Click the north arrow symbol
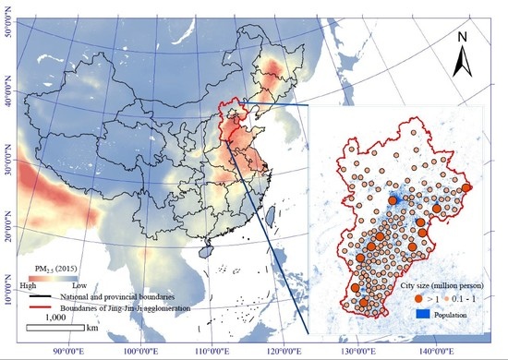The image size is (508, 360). pos(464,66)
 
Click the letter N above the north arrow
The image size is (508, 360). pos(465,38)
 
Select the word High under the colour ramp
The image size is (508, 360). pos(36,287)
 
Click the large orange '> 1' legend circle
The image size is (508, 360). pos(417,299)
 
